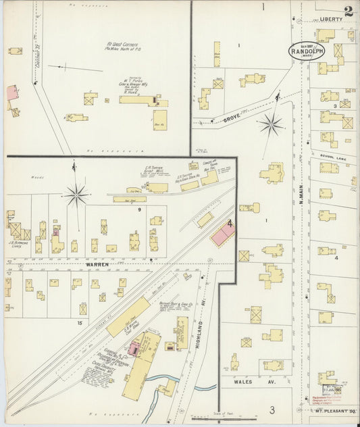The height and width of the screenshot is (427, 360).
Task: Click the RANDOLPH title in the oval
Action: [x=307, y=51]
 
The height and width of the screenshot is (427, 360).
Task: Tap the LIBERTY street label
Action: [x=332, y=20]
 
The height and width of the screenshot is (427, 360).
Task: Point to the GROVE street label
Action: [x=231, y=118]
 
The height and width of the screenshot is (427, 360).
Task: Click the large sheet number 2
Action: [x=347, y=11]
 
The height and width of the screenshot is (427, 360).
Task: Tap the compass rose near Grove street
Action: [x=271, y=124]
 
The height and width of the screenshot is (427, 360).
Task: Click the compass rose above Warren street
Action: [x=76, y=195]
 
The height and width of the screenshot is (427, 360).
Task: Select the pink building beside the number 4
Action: [x=222, y=234]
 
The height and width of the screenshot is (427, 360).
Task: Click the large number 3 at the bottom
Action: [x=272, y=409]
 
